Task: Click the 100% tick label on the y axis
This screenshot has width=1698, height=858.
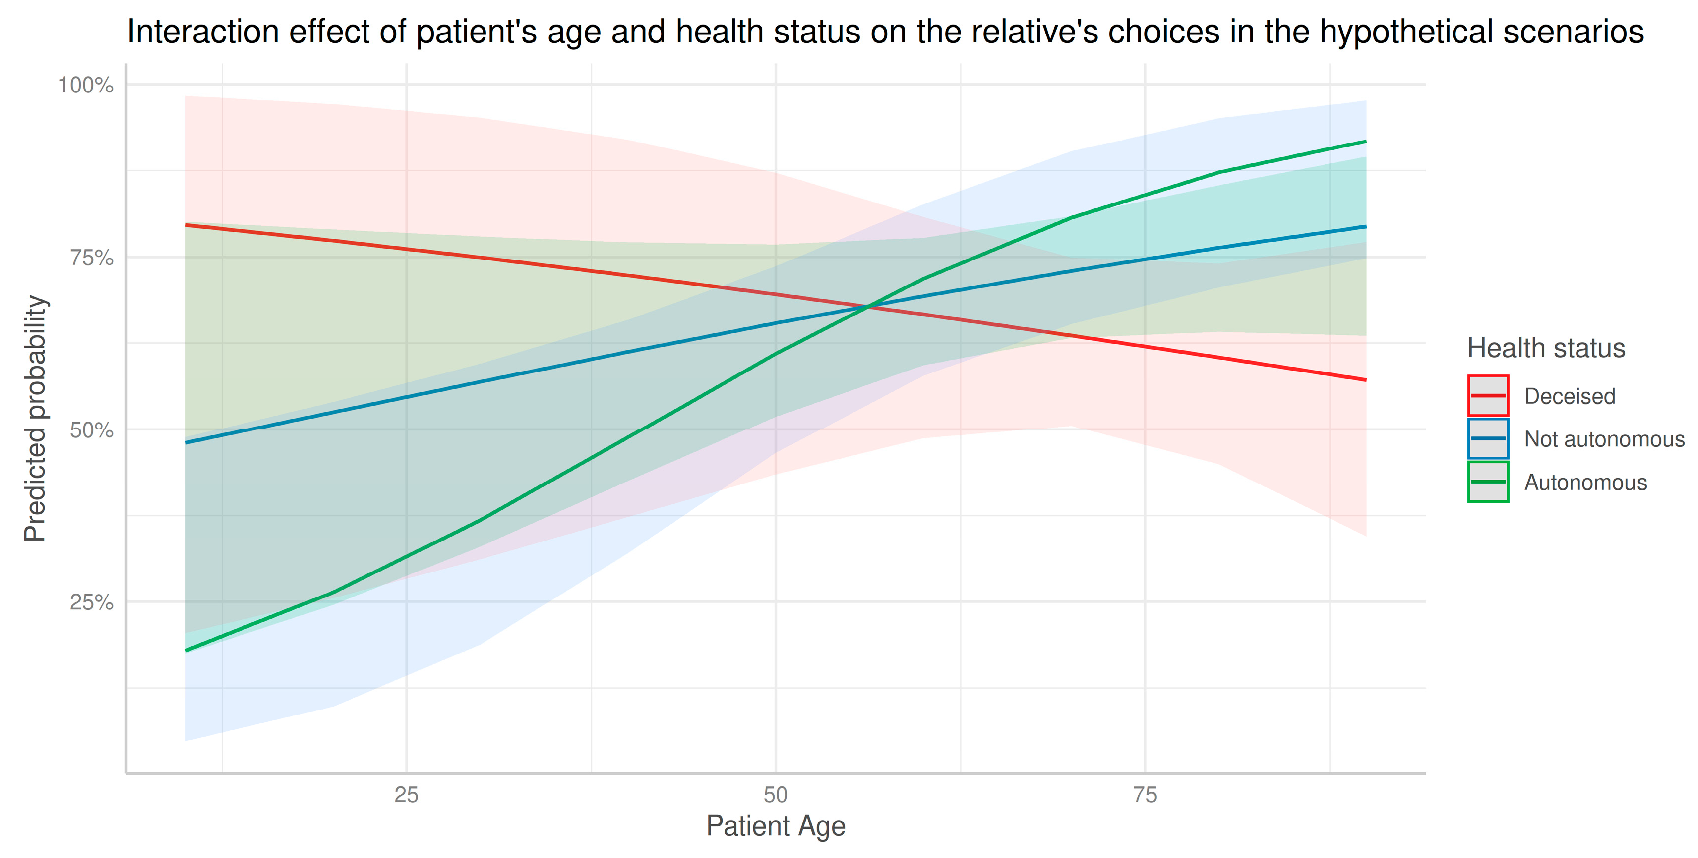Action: [86, 85]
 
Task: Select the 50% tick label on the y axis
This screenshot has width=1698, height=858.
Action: [91, 430]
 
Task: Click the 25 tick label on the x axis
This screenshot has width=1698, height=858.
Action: [407, 795]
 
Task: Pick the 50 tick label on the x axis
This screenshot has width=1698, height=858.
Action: [776, 795]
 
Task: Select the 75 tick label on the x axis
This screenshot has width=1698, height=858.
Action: [1145, 795]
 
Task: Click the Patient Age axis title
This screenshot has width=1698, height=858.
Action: [775, 826]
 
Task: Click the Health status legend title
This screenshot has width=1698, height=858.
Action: [1546, 348]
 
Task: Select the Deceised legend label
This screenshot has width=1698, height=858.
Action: [1570, 396]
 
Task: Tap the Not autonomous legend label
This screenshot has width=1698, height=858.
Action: [1604, 439]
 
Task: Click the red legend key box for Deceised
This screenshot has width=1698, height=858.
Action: [1488, 396]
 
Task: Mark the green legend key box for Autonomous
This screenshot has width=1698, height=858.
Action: [1488, 482]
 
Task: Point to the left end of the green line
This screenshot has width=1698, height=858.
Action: [187, 650]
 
